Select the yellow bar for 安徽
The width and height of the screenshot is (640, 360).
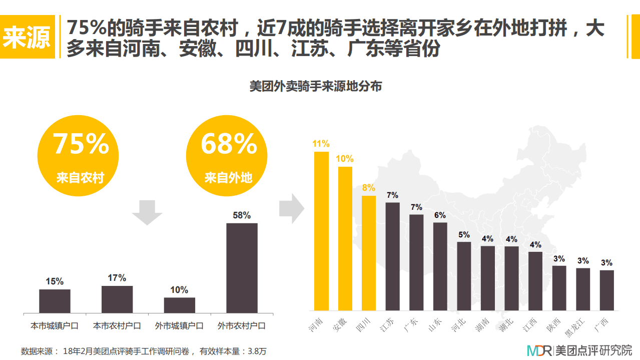pos(345,238)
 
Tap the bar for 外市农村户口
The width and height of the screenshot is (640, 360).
pos(242,268)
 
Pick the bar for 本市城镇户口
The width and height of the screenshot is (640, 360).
pos(55,301)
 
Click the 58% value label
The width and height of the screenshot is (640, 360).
pos(242,215)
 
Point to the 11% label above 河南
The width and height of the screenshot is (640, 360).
pos(321,144)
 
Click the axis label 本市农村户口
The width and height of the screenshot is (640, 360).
pos(117,326)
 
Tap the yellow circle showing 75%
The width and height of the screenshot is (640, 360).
pos(80,155)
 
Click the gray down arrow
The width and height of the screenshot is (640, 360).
pos(147,212)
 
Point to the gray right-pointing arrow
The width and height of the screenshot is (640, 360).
pos(291,207)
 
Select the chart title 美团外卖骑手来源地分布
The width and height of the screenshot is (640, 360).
pos(315,87)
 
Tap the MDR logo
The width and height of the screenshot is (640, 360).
pos(539,350)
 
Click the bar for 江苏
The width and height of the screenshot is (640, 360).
pos(393,256)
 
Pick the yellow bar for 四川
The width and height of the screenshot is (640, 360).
pos(369,253)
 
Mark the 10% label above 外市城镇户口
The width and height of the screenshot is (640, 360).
pos(179,290)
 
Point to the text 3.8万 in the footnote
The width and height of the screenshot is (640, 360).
pos(257,351)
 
